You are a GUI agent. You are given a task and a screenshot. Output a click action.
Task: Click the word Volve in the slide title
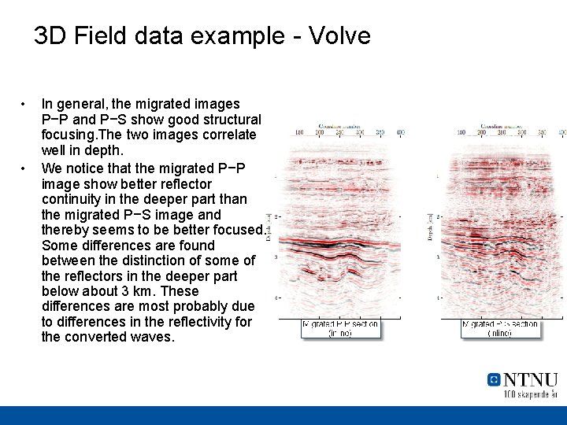339,35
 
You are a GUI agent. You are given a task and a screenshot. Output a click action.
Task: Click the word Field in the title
102,35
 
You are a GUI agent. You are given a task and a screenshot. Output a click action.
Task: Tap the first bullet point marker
25,104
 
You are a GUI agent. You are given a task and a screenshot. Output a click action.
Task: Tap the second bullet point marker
25,168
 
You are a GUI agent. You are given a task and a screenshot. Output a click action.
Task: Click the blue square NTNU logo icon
494,379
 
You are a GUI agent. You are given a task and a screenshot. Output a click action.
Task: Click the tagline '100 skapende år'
530,394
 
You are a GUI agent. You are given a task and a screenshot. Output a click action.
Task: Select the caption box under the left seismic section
341,328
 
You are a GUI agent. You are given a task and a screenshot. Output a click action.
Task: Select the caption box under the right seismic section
500,328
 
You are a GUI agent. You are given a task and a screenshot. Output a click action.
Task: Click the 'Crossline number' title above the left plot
341,125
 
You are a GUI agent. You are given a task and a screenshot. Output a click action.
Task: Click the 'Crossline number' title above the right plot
500,125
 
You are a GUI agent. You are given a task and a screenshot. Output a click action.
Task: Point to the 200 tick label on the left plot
320,133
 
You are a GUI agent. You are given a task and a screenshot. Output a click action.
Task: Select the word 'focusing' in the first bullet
65,135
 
